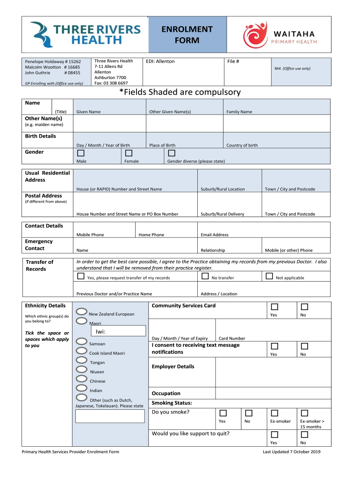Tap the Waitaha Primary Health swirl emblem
click(255, 35)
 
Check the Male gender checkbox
click(81, 153)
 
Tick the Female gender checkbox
click(129, 153)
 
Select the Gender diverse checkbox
click(172, 153)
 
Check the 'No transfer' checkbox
click(205, 276)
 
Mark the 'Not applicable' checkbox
click(269, 276)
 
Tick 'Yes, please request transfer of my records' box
click(81, 276)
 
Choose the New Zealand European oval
click(81, 312)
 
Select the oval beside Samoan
click(81, 341)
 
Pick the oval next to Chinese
click(81, 379)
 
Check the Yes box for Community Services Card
click(274, 307)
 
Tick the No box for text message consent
click(304, 346)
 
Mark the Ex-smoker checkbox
click(274, 413)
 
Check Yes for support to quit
click(274, 435)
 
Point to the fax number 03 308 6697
click(111, 83)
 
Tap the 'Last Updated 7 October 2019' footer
click(291, 452)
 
